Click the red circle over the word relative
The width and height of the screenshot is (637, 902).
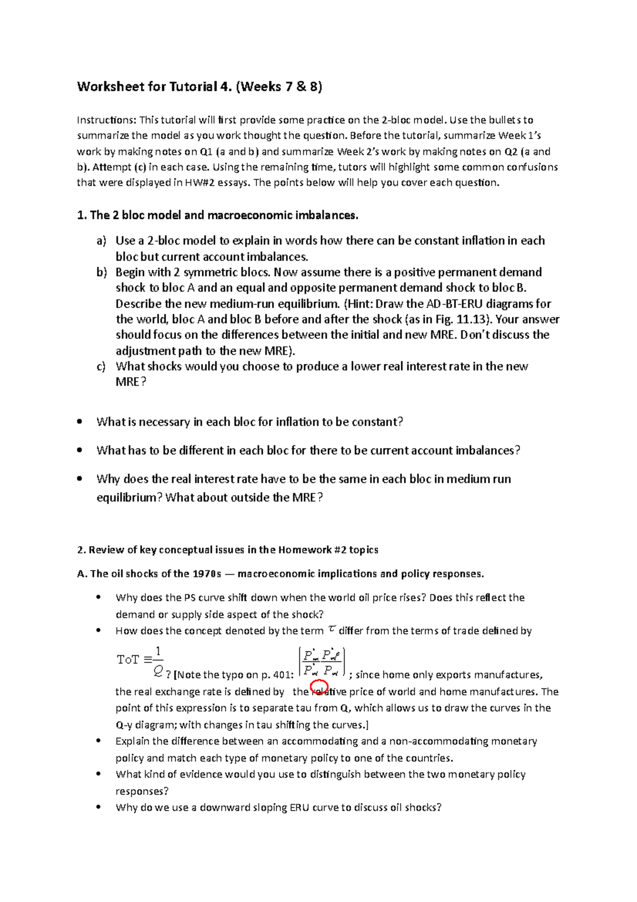pyautogui.click(x=319, y=687)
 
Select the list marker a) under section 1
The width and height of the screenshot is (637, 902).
pyautogui.click(x=101, y=241)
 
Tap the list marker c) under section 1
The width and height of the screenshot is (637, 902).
pyautogui.click(x=101, y=367)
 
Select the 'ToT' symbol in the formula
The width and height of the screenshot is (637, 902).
pyautogui.click(x=128, y=660)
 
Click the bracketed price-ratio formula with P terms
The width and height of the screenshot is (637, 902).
pyautogui.click(x=322, y=662)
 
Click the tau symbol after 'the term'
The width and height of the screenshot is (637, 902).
pyautogui.click(x=332, y=629)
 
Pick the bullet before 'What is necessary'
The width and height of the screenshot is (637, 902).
pyautogui.click(x=80, y=422)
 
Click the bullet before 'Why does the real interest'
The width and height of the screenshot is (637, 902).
pyautogui.click(x=80, y=479)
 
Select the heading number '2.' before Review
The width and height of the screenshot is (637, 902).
pyautogui.click(x=81, y=550)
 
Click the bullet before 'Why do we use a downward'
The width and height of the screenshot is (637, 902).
pyautogui.click(x=98, y=807)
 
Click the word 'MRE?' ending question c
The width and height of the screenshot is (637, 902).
pyautogui.click(x=131, y=382)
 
